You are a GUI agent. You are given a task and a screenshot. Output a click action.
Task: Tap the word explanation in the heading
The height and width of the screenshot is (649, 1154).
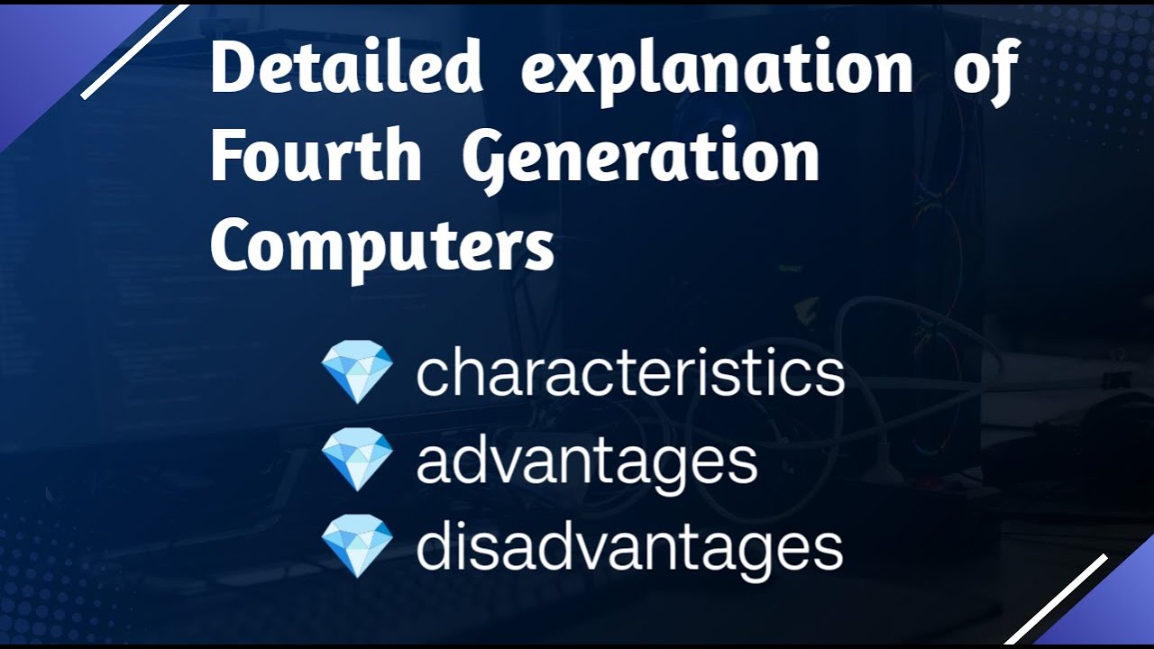coord(717,70)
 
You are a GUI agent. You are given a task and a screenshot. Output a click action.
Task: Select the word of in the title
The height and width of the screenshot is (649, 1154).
coord(986,70)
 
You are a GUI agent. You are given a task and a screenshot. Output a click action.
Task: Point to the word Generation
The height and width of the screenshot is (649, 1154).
coord(640,158)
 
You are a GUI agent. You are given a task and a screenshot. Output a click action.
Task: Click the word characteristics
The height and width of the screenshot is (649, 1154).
coord(629,373)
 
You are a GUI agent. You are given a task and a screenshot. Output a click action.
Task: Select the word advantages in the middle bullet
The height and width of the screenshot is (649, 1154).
coord(586,461)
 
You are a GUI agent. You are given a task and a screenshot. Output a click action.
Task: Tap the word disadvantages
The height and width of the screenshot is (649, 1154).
coord(629,546)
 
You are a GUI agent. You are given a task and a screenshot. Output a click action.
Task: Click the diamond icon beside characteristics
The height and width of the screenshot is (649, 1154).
coord(357,372)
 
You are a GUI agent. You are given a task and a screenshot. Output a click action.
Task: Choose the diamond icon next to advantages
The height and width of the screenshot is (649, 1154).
coord(357,460)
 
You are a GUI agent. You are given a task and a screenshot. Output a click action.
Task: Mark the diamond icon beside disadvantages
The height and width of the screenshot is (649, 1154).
coord(357,545)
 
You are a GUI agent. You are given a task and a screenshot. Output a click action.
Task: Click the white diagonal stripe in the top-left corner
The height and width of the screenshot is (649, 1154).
coord(135,51)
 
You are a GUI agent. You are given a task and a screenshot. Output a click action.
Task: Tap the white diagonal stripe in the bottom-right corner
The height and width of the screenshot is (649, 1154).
coord(1057,598)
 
